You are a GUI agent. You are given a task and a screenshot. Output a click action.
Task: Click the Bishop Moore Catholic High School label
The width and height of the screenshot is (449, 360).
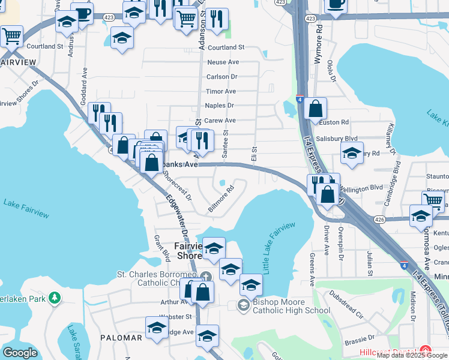(x=291, y=305)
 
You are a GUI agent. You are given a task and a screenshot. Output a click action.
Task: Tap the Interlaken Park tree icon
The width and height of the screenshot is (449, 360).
(x=55, y=298)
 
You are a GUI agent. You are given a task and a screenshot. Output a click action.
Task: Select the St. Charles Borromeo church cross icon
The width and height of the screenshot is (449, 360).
(x=205, y=277)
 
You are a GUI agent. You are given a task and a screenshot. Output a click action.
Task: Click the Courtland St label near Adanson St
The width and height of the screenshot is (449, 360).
(x=227, y=47)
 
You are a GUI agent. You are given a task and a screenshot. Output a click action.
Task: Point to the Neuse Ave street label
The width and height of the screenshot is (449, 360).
(x=223, y=62)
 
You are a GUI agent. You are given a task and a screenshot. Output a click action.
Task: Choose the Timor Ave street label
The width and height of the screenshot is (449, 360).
(x=221, y=91)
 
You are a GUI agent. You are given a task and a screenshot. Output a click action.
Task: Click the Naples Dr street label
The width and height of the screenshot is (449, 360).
(x=219, y=106)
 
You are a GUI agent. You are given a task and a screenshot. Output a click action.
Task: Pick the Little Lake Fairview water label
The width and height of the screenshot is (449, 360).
(x=279, y=247)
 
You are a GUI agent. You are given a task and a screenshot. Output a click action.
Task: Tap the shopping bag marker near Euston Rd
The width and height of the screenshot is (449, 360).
(x=315, y=110)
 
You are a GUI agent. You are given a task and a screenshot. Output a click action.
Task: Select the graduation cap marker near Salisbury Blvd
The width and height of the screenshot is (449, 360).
(x=352, y=153)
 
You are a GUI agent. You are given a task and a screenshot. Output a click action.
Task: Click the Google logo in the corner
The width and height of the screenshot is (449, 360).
(x=20, y=353)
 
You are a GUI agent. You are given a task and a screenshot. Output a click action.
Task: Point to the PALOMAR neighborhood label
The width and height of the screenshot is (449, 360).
(x=121, y=338)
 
